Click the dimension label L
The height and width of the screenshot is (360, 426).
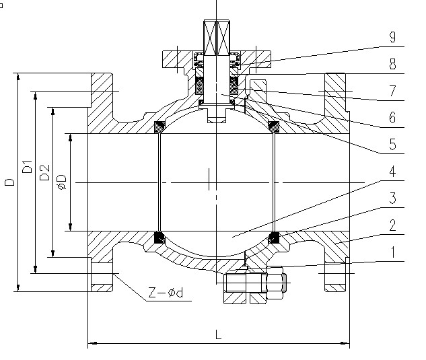pyautogui.click(x=218, y=334)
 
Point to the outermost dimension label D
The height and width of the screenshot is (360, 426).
pyautogui.click(x=9, y=182)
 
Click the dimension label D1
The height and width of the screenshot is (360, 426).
pyautogui.click(x=27, y=168)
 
